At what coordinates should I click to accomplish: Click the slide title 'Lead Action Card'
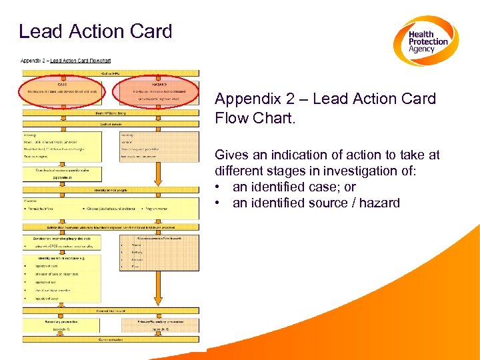pos(95,31)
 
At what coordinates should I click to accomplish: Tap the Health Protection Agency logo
pos(425,41)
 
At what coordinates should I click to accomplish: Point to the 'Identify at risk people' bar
pos(110,190)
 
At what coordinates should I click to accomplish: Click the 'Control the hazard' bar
pos(110,310)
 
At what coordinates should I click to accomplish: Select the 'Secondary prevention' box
pos(61,324)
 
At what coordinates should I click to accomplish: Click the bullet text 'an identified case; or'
pos(294,187)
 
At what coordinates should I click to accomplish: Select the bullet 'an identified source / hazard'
pos(316,203)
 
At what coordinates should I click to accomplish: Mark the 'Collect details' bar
pos(110,124)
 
